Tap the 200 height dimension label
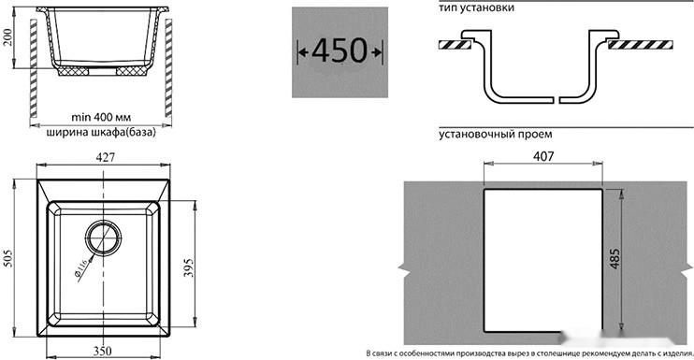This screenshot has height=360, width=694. (8, 38)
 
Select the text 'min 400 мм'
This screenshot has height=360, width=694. (101, 118)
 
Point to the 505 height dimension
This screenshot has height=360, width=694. (9, 258)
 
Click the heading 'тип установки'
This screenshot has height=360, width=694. (475, 7)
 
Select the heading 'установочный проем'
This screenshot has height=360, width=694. (495, 134)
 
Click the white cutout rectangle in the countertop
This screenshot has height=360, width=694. (542, 262)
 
